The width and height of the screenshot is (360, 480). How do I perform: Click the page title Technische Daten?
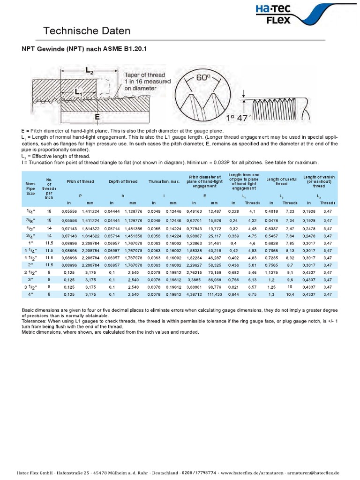pyautogui.click(x=87, y=31)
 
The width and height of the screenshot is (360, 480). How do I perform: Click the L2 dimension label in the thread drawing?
pyautogui.click(x=90, y=70)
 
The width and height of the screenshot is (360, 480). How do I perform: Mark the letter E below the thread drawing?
pyautogui.click(x=97, y=117)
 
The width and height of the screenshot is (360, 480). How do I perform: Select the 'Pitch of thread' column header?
pyautogui.click(x=80, y=181)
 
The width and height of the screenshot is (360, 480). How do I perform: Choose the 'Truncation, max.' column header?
pyautogui.click(x=164, y=181)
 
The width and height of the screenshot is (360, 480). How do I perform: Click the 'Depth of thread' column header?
pyautogui.click(x=123, y=181)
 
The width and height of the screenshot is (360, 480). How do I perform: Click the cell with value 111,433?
pyautogui.click(x=214, y=294)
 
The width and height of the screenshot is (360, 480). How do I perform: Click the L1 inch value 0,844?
pyautogui.click(x=233, y=294)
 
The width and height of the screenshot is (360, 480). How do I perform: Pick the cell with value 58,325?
pyautogui.click(x=214, y=265)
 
